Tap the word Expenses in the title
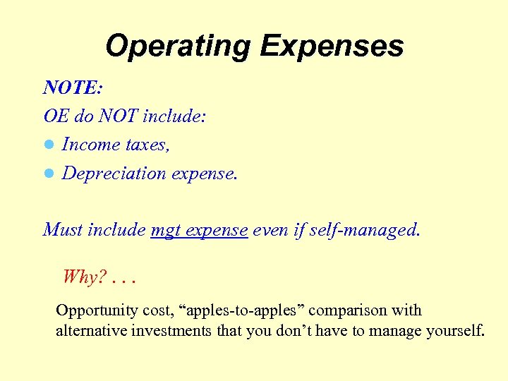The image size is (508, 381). point(332,47)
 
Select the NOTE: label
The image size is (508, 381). point(73,87)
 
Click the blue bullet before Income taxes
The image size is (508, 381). point(49,145)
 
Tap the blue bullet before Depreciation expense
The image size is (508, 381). point(49,174)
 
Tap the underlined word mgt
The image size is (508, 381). point(165,231)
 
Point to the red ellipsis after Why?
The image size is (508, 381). point(123,280)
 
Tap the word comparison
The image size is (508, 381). point(344,311)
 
